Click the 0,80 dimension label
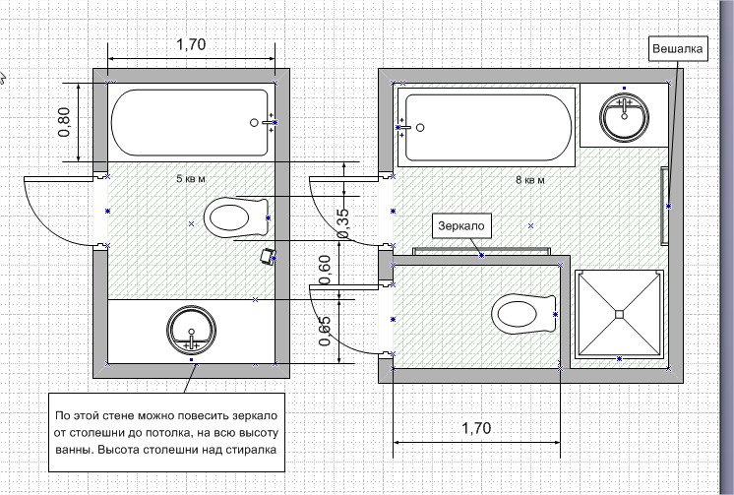pos(65,120)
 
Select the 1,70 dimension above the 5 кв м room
pos(192,44)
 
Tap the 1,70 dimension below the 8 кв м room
pos(476,428)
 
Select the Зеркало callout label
pos(461,226)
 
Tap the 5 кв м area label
pos(190,179)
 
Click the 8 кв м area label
pos(530,180)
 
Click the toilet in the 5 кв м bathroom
pos(236,217)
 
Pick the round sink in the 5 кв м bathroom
pos(191,330)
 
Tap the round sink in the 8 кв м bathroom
pos(625,114)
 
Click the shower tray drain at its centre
pos(620,314)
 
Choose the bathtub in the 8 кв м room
pos(486,128)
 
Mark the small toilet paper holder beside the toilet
pos(266,258)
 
